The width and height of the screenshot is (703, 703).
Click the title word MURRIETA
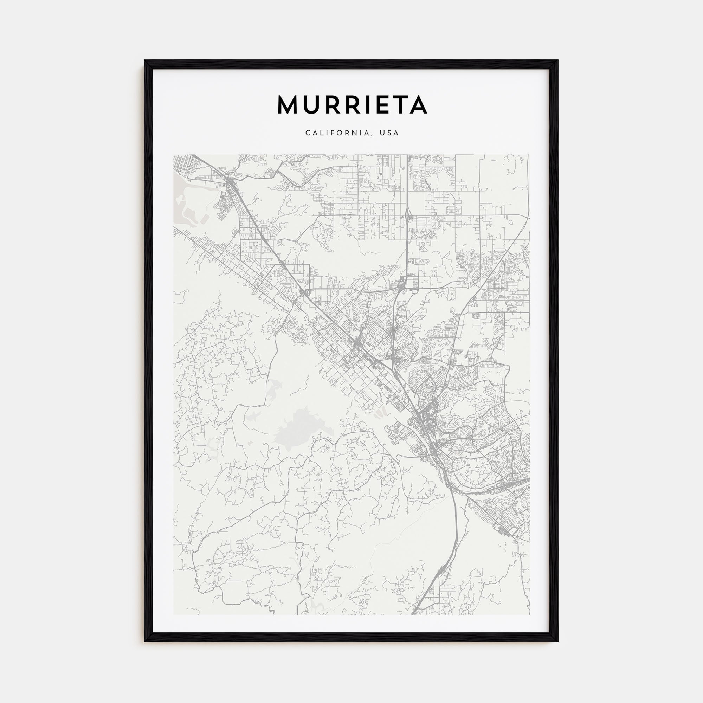coord(352,105)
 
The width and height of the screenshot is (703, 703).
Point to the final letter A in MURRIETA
coord(418,105)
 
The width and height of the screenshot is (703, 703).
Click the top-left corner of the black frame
coord(144,60)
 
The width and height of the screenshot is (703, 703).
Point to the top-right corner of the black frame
coord(558,60)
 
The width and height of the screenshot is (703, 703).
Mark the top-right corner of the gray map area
coord(529,155)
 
